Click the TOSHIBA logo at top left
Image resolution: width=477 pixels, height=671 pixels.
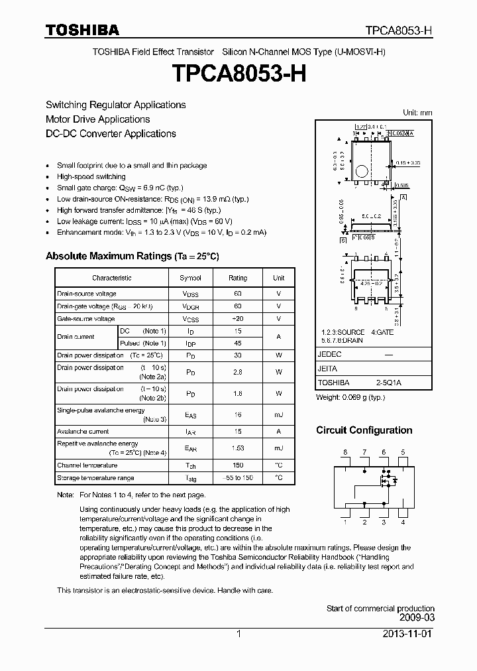[x=82, y=30]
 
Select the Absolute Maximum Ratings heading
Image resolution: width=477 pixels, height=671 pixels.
[x=132, y=256]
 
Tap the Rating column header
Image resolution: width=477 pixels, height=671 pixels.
[x=238, y=278]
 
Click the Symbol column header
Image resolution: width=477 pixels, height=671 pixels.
[x=190, y=278]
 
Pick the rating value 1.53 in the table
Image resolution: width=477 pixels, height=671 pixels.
[x=238, y=448]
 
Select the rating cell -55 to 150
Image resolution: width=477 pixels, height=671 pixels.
[x=238, y=477]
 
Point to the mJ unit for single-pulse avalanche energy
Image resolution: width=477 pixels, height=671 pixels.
[x=279, y=414]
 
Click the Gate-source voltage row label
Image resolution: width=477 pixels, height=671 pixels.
[x=86, y=319]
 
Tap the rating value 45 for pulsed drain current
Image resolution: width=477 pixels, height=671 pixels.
[x=238, y=343]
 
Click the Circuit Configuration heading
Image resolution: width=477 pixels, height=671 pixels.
[x=364, y=430]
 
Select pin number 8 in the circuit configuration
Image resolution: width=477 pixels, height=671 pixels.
[x=344, y=452]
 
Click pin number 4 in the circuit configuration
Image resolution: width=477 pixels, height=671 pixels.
[x=403, y=522]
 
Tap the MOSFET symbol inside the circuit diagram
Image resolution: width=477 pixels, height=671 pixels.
[x=386, y=478]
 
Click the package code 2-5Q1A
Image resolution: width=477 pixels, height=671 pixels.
[x=390, y=383]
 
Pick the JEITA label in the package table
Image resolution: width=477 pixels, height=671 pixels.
[x=327, y=369]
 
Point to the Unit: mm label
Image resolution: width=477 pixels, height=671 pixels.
[x=417, y=113]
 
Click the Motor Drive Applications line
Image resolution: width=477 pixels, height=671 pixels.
[x=97, y=119]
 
